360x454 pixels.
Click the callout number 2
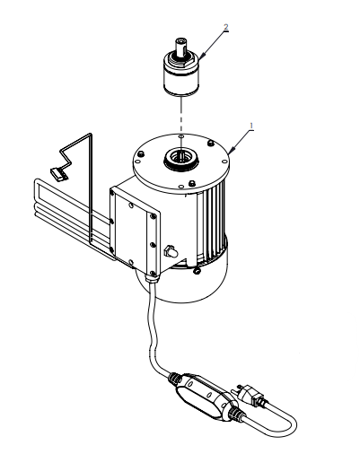coord(225,28)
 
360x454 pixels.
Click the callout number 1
coord(251,126)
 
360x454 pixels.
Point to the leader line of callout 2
coord(214,42)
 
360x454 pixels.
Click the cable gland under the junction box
coord(154,281)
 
